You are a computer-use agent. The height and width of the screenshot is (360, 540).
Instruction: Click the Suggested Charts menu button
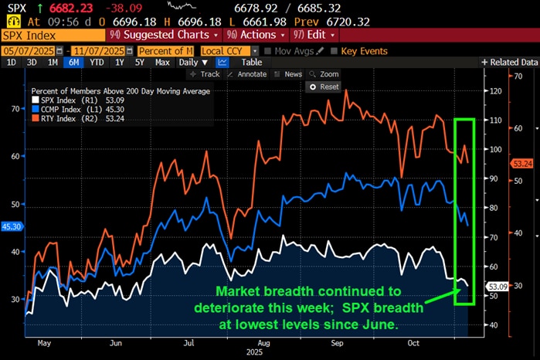[x=175, y=35]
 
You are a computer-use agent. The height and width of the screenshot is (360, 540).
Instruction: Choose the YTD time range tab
[x=97, y=62]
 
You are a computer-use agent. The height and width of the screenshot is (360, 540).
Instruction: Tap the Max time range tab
[x=161, y=62]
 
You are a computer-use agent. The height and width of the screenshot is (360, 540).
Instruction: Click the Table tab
[x=252, y=62]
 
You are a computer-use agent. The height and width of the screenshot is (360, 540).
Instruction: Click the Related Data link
[x=509, y=62]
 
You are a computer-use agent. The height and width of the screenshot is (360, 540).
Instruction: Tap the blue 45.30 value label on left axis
[x=10, y=227]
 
